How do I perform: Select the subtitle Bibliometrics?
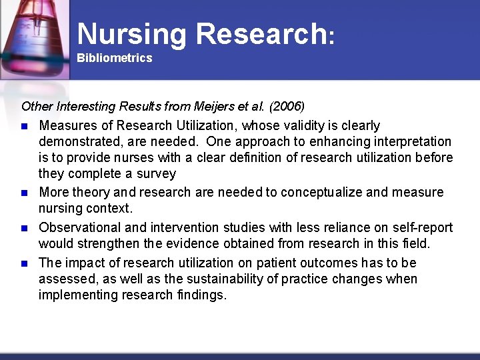point(114,58)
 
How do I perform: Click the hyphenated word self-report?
point(424,228)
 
